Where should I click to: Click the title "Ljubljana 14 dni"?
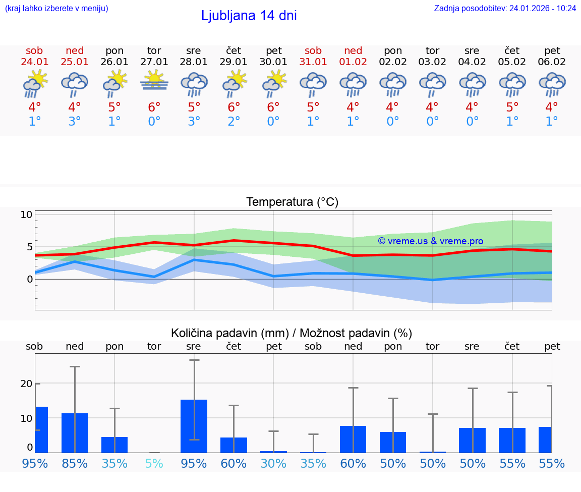pos(249,16)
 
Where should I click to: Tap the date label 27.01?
pos(154,62)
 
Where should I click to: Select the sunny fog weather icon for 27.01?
pos(154,81)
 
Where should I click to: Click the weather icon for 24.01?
pos(35,83)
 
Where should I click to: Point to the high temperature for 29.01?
pos(234,107)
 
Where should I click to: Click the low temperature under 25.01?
pos(75,122)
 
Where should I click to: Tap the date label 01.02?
pos(353,62)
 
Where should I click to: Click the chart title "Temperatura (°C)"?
pos(292,202)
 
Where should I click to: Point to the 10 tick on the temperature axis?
pos(26,214)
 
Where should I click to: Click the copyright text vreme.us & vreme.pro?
pos(430,241)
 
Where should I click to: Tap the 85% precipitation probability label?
pos(75,463)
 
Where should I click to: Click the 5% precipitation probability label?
pos(154,463)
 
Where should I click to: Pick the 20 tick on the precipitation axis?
pos(26,384)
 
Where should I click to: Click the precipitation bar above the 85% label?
pos(75,432)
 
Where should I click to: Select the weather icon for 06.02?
pos(552,83)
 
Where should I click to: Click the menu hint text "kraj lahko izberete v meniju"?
pos(56,8)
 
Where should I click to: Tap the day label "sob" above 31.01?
pos(313,50)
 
